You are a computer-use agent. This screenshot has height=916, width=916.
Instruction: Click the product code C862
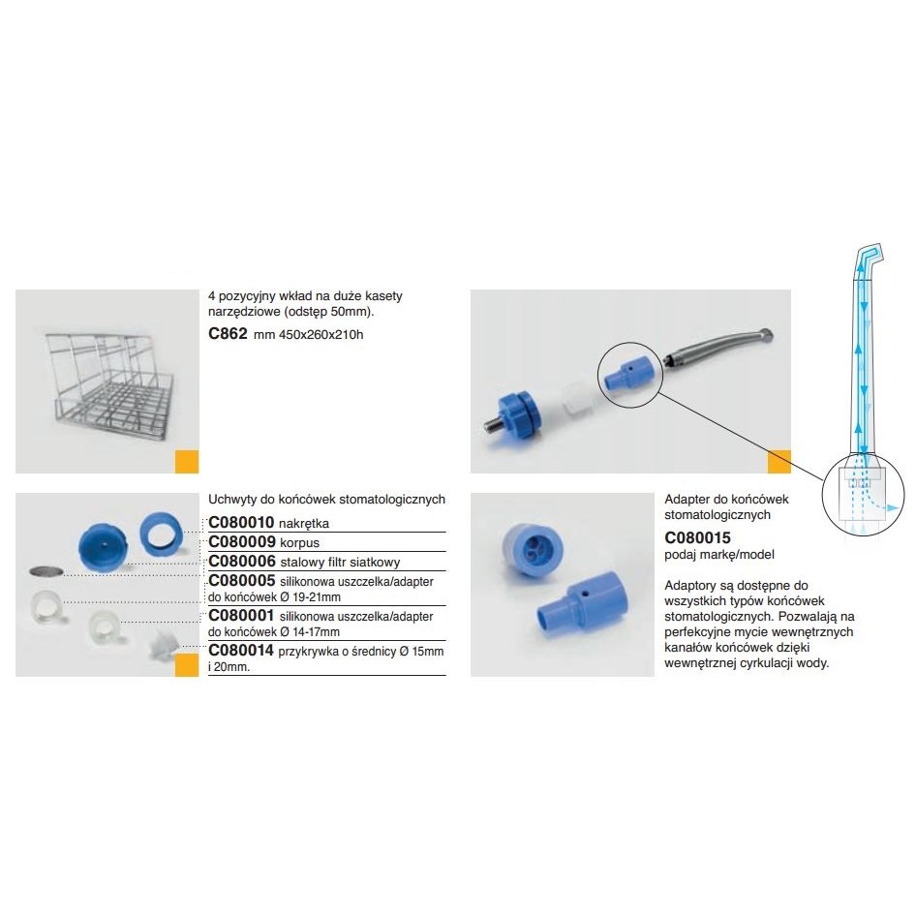228,333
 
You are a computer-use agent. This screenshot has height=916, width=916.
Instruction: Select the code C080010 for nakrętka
241,522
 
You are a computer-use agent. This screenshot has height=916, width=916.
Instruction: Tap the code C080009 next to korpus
241,541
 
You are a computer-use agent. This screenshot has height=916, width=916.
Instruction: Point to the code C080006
242,562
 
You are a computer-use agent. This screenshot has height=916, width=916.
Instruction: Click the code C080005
242,581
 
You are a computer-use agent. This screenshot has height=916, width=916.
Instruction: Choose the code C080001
241,615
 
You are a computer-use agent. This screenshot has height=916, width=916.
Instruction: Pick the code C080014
241,650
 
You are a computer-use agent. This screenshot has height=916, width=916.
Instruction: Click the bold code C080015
697,537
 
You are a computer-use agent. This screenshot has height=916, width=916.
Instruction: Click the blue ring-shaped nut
160,534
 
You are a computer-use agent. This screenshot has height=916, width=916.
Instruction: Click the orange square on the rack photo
187,462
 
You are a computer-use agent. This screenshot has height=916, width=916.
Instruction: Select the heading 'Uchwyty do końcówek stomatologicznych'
326,499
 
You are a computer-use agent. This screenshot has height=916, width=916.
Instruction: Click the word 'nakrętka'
304,524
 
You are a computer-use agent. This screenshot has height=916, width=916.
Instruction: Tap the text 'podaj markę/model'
719,555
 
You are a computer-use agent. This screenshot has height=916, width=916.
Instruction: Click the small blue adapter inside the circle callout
627,374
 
